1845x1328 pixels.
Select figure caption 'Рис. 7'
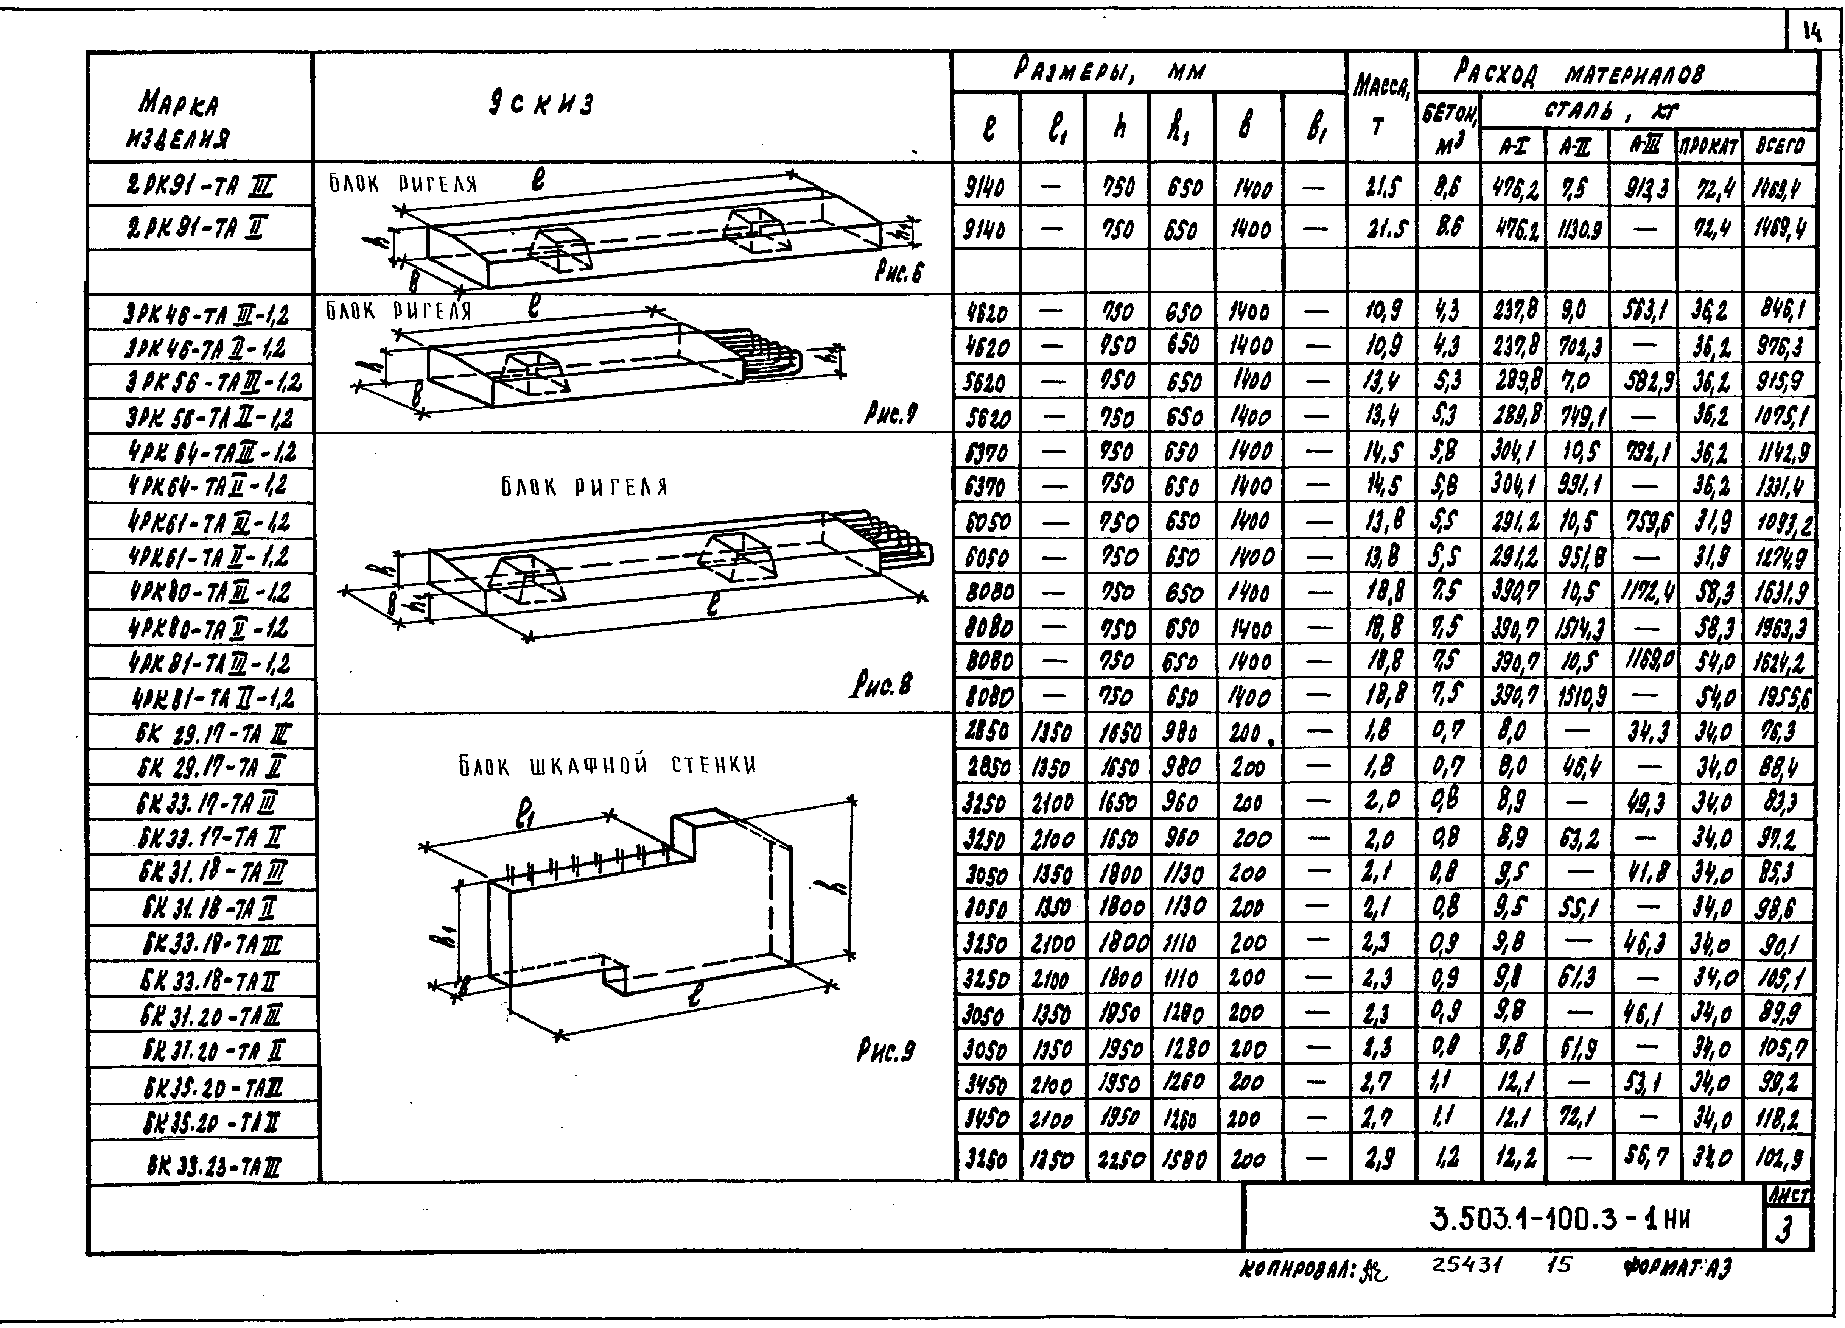tap(891, 416)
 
